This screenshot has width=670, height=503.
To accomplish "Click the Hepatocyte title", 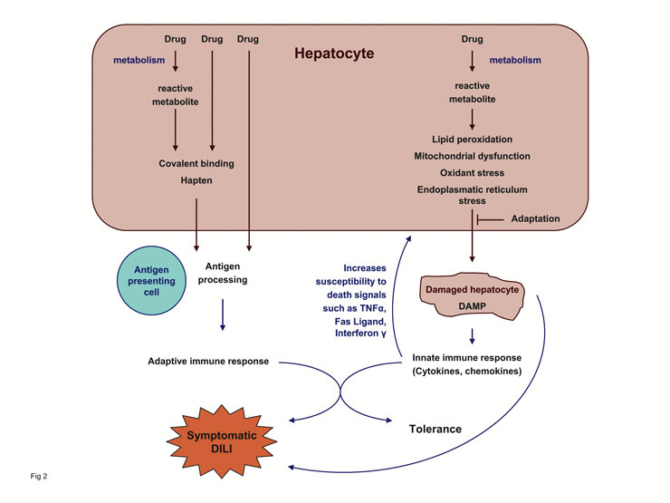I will (x=334, y=54).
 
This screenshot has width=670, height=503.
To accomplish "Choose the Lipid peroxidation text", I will (x=472, y=139).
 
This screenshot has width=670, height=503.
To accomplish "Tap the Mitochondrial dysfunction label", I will (x=472, y=156).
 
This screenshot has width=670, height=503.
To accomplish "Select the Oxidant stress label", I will (x=472, y=172).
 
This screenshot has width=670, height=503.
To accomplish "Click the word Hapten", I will (x=196, y=180).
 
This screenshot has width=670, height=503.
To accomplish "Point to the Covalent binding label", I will (x=196, y=163).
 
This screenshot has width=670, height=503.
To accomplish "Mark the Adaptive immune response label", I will (x=208, y=362).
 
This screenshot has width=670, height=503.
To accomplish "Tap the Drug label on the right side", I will (x=472, y=39).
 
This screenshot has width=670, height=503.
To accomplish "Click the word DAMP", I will (x=471, y=308).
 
